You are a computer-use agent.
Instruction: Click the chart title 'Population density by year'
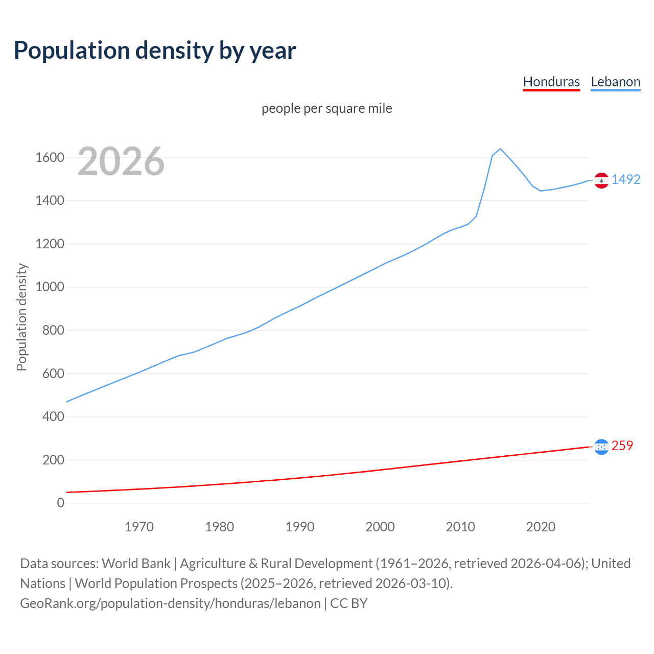click(155, 51)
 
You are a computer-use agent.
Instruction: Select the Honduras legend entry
click(551, 82)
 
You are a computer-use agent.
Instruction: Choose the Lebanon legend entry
click(615, 82)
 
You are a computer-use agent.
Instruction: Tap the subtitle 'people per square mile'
click(327, 109)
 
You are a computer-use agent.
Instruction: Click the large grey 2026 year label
click(121, 161)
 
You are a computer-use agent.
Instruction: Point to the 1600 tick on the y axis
click(50, 157)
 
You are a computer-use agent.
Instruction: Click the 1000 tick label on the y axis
click(50, 287)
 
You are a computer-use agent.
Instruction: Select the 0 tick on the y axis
click(61, 503)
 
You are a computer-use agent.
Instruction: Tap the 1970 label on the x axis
click(139, 527)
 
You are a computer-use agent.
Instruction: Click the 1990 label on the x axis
click(300, 527)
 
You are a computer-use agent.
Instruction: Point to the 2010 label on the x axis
click(460, 527)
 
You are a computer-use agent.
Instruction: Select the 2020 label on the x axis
click(541, 527)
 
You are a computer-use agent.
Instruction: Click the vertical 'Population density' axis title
click(21, 317)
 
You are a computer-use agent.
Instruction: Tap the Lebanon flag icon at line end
click(601, 180)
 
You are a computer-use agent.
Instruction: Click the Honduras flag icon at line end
click(601, 447)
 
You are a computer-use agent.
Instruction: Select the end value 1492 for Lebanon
click(626, 179)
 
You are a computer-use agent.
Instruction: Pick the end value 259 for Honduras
click(622, 446)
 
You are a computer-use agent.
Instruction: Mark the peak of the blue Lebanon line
click(500, 149)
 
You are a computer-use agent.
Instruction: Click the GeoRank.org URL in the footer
click(170, 603)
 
